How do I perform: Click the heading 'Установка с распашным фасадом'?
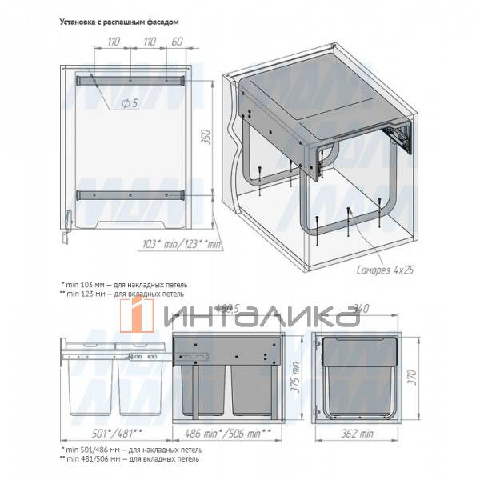click(x=119, y=23)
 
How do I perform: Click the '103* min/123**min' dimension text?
click(x=180, y=243)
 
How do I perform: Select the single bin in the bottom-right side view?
click(x=361, y=374)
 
